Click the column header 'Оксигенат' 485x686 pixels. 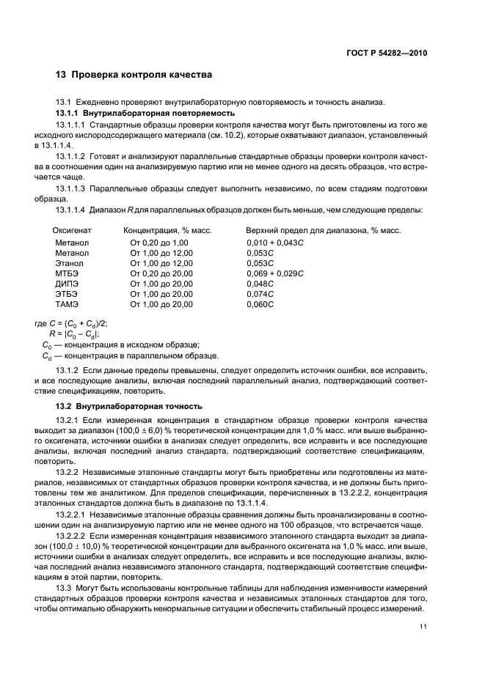click(x=71, y=231)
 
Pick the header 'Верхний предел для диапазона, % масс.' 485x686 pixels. click(x=323, y=231)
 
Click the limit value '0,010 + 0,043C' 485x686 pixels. click(x=274, y=242)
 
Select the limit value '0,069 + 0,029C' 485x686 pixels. click(x=274, y=273)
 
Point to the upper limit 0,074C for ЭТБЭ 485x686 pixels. click(x=260, y=293)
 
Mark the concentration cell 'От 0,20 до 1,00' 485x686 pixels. click(x=159, y=242)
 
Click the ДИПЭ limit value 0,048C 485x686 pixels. click(x=260, y=283)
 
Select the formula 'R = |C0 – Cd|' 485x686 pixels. click(x=73, y=333)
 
